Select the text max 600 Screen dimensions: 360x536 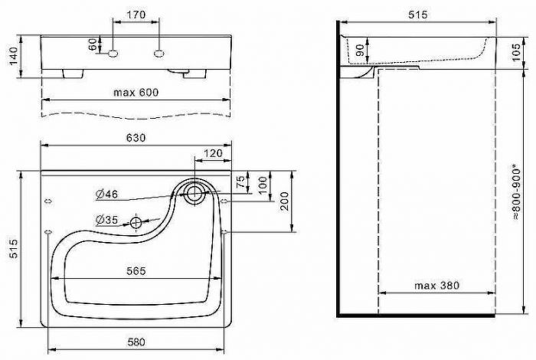click(136, 92)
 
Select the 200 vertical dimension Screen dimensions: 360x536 click(285, 201)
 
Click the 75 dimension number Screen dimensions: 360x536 click(242, 182)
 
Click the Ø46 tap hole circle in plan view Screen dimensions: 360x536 click(194, 191)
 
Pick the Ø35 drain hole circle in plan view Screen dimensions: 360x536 click(136, 223)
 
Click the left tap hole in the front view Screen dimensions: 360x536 click(113, 54)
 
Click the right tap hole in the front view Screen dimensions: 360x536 click(159, 54)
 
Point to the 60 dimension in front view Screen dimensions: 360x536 click(93, 45)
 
